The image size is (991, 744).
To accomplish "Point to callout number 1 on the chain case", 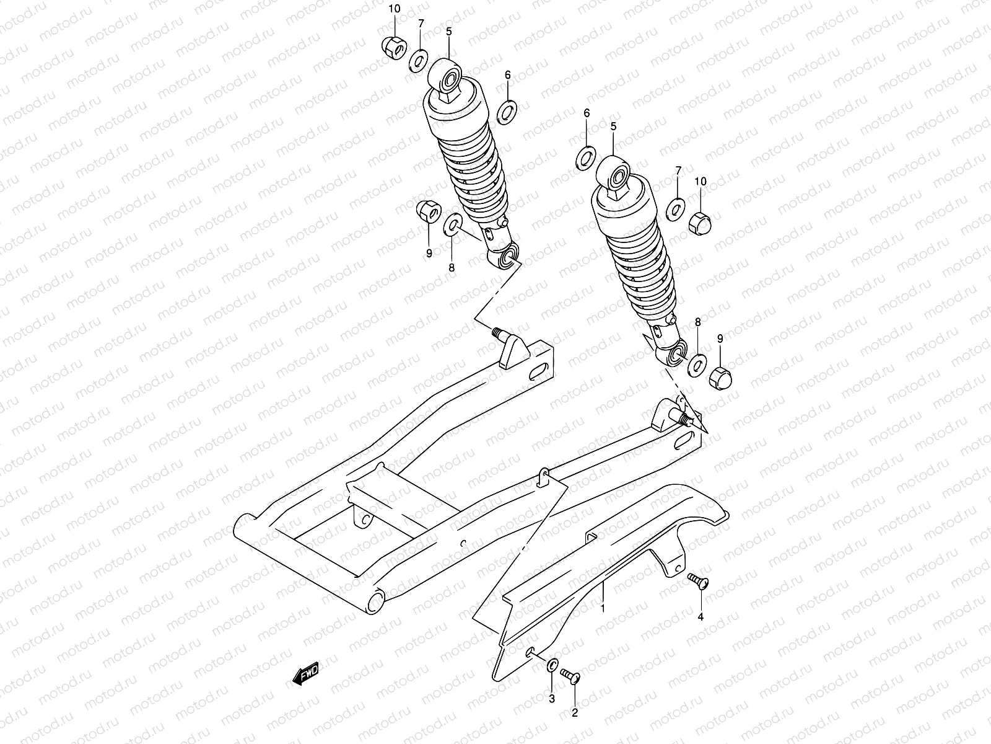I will (x=601, y=609).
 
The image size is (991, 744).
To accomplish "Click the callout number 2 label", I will (x=574, y=713).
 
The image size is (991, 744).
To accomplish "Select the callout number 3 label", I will (x=552, y=700).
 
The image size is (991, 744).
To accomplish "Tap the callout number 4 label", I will (x=701, y=616).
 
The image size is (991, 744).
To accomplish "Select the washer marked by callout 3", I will (x=551, y=666).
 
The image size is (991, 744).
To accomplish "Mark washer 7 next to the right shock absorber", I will (x=676, y=209).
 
